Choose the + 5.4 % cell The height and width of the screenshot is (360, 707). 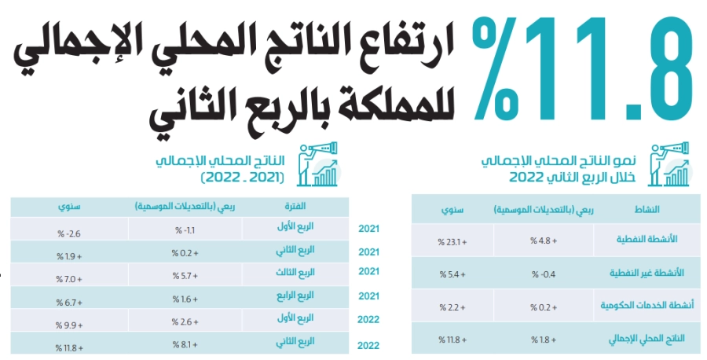[x=449, y=274]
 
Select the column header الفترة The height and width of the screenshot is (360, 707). [x=292, y=207]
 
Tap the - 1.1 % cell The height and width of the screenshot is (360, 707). [x=186, y=230]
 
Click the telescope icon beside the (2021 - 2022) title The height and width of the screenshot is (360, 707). [x=321, y=163]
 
